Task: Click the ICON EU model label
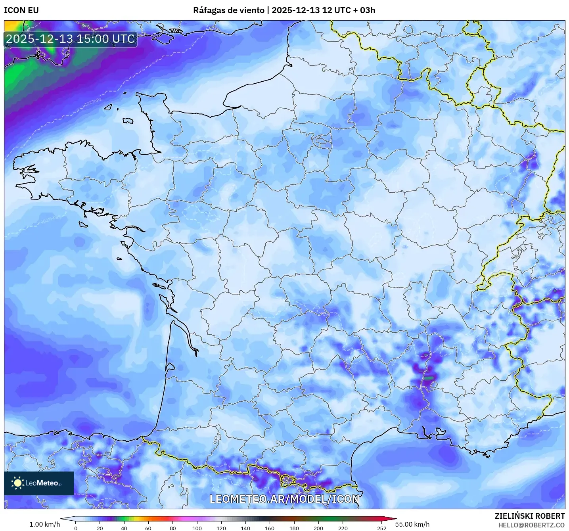tap(21, 10)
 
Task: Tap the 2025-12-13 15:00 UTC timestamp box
tap(71, 39)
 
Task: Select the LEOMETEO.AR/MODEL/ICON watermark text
tap(284, 499)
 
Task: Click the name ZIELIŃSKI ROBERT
tap(530, 516)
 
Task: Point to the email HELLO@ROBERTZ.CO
tap(531, 525)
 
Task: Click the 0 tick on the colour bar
tap(76, 528)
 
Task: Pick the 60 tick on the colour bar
tap(148, 528)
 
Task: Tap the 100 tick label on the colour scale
tap(197, 528)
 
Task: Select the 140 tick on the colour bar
tap(245, 528)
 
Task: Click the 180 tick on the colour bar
tap(294, 528)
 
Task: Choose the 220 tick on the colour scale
tap(343, 528)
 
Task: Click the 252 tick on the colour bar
tap(382, 528)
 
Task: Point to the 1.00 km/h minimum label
tap(44, 524)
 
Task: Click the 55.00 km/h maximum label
tap(412, 524)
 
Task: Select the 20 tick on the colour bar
tap(100, 528)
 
